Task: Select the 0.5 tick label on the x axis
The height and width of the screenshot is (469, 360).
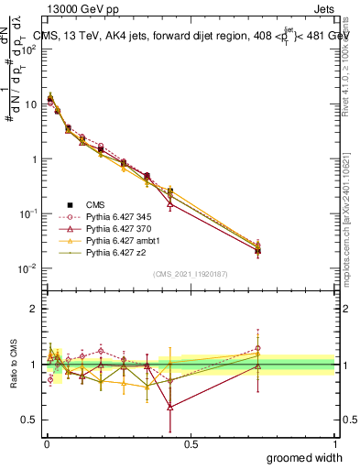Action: [x=191, y=443]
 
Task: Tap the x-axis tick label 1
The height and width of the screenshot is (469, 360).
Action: [x=334, y=443]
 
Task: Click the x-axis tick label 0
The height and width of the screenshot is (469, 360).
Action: [x=47, y=443]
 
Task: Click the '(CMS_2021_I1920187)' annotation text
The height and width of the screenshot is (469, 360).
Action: [x=191, y=273]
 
